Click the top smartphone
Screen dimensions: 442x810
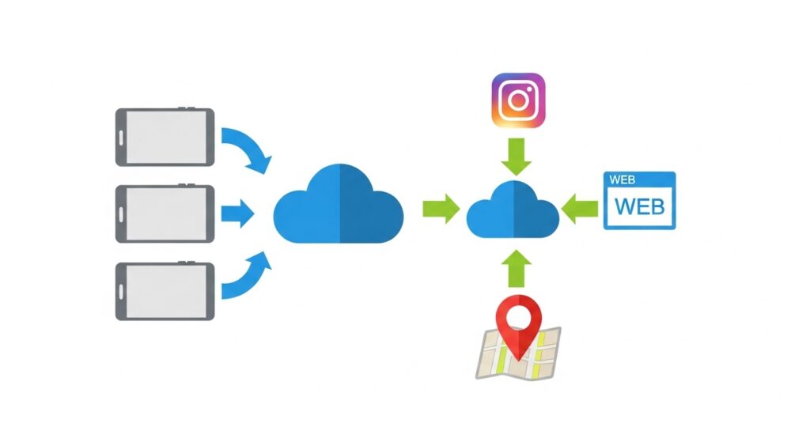(x=165, y=138)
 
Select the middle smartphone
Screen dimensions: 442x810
(x=165, y=213)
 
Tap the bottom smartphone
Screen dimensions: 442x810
(x=165, y=290)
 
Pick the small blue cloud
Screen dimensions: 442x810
(x=513, y=210)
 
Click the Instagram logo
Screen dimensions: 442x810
(x=518, y=100)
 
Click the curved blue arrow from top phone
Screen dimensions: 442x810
(x=247, y=149)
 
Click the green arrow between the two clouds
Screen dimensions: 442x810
(x=440, y=210)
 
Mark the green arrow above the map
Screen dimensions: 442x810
(x=518, y=268)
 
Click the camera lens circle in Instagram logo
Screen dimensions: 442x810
(x=518, y=100)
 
